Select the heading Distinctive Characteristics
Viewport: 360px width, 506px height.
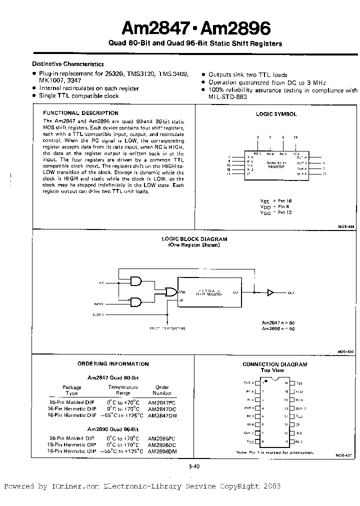tap(68, 64)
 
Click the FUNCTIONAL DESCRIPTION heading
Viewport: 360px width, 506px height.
tap(81, 113)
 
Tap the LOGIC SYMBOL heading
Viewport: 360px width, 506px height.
tap(276, 114)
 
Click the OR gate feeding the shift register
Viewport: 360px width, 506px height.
tap(171, 292)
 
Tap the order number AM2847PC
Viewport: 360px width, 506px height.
tap(161, 402)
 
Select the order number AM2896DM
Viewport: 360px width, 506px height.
tap(161, 451)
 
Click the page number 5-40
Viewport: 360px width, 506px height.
tap(194, 466)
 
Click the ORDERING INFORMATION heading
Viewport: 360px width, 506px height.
tap(113, 364)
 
